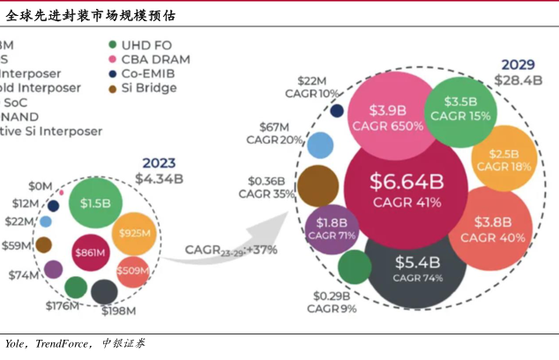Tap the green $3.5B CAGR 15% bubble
(459, 109)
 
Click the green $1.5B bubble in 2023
(94, 203)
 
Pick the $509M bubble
(132, 270)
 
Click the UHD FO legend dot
(112, 45)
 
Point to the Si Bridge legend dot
(112, 87)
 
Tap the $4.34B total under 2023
(159, 178)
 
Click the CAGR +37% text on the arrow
(231, 250)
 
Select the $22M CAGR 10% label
(317, 86)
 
